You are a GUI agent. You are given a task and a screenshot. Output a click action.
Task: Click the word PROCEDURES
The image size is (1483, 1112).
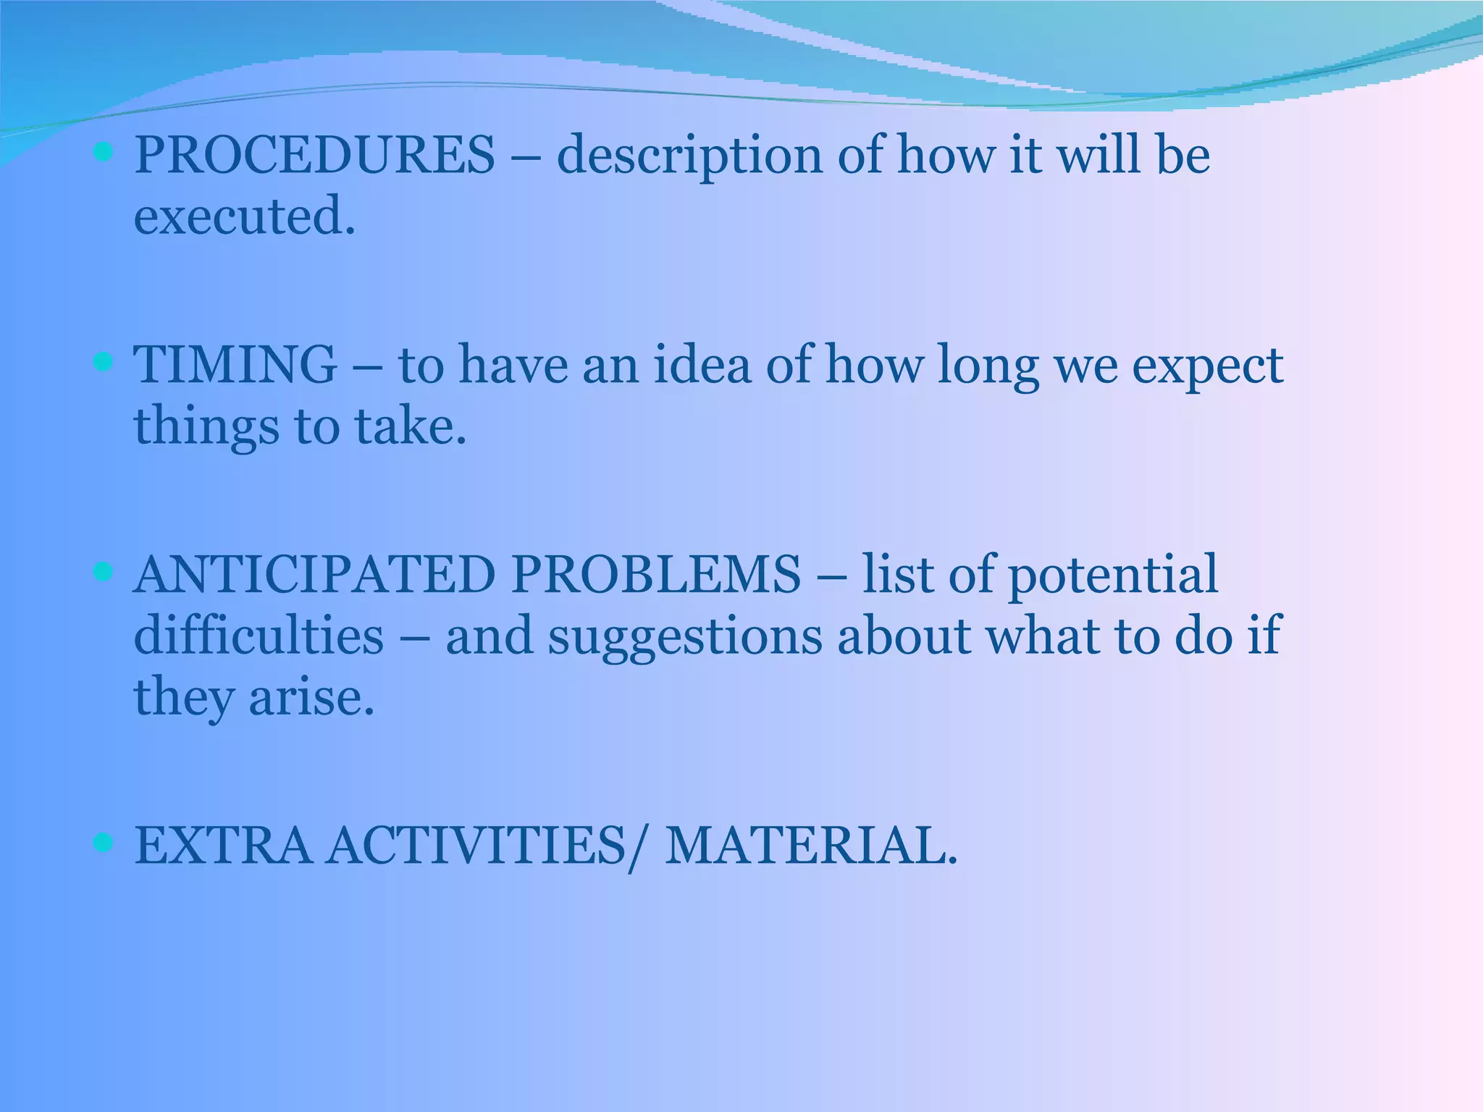pos(315,155)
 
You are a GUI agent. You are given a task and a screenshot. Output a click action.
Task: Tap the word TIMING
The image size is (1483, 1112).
pos(235,364)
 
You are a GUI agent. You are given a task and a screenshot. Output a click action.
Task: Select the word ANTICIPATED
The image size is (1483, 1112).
pos(314,575)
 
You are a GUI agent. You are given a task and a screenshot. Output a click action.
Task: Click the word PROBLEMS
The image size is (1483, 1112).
pos(656,575)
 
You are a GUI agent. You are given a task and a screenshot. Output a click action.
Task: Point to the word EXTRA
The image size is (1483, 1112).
pos(223,846)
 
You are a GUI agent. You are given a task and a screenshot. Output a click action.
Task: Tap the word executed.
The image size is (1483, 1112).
pos(245,216)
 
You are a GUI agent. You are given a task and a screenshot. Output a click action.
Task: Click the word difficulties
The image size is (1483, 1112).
pos(259,636)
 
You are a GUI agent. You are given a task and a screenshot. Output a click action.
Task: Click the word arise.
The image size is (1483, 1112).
pos(311,697)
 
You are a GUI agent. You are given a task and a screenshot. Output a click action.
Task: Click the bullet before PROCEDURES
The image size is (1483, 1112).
pos(104,152)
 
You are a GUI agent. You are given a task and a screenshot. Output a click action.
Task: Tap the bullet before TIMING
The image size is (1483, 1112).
pos(104,361)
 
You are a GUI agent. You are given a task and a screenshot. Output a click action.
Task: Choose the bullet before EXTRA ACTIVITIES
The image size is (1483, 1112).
pos(104,842)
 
